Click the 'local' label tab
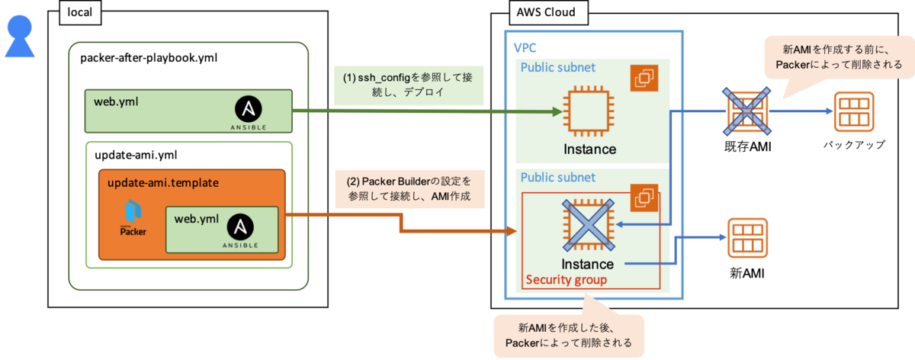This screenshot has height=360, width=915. (80, 12)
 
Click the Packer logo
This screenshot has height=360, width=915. (133, 217)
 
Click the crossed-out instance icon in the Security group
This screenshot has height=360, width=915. (587, 225)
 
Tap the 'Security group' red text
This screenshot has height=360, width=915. (567, 280)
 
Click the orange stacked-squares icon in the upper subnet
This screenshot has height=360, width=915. (644, 79)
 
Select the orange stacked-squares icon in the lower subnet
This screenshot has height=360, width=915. (644, 198)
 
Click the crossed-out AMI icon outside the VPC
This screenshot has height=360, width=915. (745, 111)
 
